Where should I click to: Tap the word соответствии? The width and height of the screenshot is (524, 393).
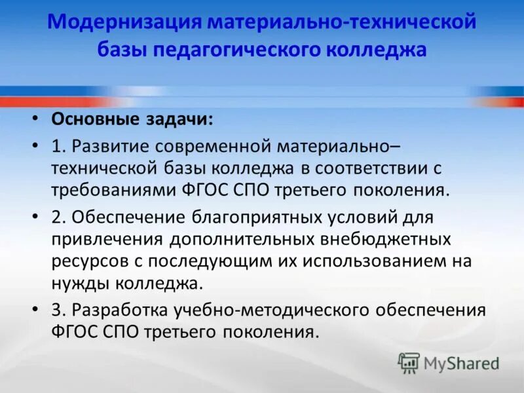(371, 167)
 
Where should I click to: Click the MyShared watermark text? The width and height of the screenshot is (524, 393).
(461, 362)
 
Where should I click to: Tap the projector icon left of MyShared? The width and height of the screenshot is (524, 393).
(409, 362)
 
